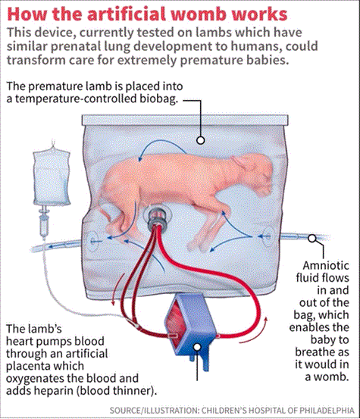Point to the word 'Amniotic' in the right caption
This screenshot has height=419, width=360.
326,266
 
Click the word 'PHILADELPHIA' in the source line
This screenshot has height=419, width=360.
327,410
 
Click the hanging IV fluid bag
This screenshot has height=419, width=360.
52,178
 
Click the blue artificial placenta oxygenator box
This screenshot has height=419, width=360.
190,328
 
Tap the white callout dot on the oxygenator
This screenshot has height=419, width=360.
197,347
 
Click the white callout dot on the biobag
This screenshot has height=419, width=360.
200,140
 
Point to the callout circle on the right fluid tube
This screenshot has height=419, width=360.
312,238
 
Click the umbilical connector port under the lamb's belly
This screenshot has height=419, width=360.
157,217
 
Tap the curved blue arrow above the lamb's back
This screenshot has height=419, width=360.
161,143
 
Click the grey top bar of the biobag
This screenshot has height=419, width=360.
185,120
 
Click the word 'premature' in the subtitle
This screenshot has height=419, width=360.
208,61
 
